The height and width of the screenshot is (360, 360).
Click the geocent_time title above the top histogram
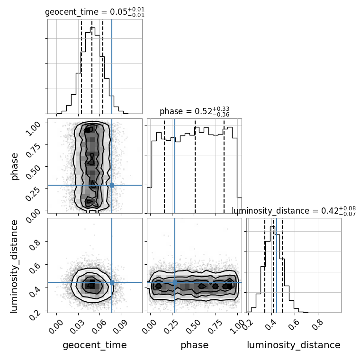coord(95,12)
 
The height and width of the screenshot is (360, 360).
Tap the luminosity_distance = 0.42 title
coord(294,211)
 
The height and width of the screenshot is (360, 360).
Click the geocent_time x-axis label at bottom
coord(95,345)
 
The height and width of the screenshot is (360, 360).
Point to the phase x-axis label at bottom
coord(195,345)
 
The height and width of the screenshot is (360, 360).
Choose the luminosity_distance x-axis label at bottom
coord(294,345)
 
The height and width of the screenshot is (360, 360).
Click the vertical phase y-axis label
coord(15,166)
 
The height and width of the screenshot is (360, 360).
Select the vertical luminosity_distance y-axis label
coord(14,266)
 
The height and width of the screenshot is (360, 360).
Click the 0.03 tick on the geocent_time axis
coord(76,326)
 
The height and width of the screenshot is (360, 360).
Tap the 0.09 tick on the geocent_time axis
coord(119,326)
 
